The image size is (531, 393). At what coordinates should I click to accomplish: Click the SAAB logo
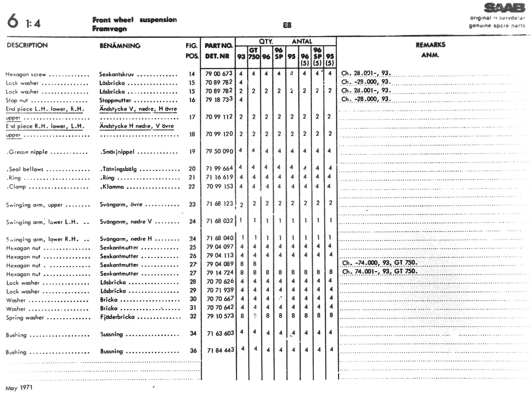pos(504,8)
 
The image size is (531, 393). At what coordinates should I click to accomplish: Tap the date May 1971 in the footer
pos(19,388)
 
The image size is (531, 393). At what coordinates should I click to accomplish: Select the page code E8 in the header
pos(287,25)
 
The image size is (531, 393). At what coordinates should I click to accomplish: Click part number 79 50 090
pos(219,151)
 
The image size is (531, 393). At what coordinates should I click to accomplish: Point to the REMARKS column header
pos(430,45)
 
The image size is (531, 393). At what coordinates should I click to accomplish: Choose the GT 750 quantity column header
pos(254,53)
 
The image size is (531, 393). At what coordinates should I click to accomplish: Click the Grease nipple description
pos(27,152)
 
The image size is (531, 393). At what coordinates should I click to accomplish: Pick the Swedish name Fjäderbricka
pos(117,317)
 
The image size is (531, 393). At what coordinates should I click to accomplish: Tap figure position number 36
pos(193,351)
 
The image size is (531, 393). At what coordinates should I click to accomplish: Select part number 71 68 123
pos(220,204)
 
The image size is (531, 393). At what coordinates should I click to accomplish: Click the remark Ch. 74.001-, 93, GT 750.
pos(379,271)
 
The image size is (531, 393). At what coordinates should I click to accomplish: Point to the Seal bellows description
pos(25,169)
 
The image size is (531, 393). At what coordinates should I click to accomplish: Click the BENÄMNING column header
pos(120,46)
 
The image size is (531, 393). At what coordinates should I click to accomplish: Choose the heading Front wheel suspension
pos(134,20)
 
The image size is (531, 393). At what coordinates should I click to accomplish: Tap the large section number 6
pos(13,21)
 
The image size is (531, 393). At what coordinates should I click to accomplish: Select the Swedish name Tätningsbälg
pos(119,169)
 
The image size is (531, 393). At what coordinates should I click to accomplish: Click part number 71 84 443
pos(220,351)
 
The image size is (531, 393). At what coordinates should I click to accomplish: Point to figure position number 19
pos(192,151)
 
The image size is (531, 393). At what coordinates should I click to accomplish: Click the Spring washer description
pos(25,318)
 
